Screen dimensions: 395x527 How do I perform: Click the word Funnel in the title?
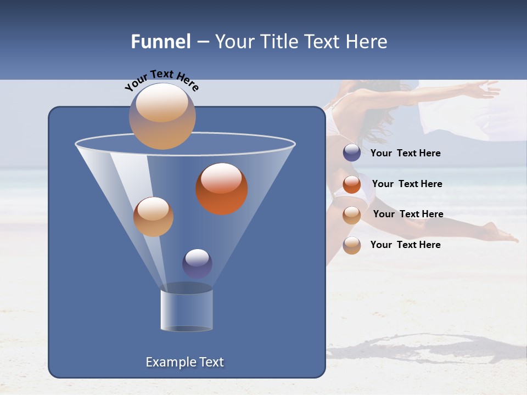coord(160,42)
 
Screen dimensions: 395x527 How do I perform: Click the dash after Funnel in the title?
coord(202,42)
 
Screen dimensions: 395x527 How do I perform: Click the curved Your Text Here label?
coord(161,80)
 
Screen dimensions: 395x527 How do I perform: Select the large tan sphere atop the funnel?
coord(162,116)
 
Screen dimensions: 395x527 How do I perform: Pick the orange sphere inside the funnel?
coord(222,188)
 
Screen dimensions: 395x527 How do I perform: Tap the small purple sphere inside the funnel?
coord(197,263)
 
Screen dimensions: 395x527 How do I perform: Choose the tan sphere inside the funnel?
coord(153,216)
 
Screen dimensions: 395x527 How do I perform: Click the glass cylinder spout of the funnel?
coord(187,310)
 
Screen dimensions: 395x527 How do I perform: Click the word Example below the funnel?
coord(169,362)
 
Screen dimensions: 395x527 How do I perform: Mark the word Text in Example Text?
coord(211,362)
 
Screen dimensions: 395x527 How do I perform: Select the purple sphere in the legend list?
coord(352,153)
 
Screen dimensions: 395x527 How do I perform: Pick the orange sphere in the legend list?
coord(352,184)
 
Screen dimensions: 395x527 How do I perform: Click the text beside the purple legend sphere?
coord(405,153)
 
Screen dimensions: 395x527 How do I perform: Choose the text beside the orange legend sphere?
coord(407,184)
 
